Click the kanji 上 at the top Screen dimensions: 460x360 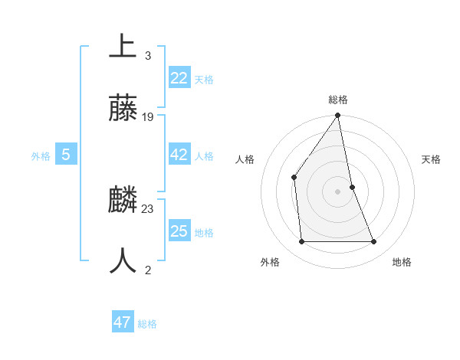123,46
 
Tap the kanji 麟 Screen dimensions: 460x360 123,200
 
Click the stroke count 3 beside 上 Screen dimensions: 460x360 147,55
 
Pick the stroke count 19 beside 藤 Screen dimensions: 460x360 148,117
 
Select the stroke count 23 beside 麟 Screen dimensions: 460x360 148,208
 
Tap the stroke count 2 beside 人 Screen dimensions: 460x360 147,270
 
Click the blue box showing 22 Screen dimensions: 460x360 179,78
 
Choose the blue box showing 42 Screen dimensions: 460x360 179,155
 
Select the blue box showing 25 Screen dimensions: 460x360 179,231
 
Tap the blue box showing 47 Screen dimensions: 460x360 122,322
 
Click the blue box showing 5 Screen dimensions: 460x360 66,155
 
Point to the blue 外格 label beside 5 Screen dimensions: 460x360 41,156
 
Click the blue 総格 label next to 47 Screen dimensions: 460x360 147,324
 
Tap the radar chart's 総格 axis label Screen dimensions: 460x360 338,100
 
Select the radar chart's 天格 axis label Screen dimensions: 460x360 432,159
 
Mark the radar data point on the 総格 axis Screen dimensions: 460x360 338,116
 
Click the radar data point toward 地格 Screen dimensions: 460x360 374,242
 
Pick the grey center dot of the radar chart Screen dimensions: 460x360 338,191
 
